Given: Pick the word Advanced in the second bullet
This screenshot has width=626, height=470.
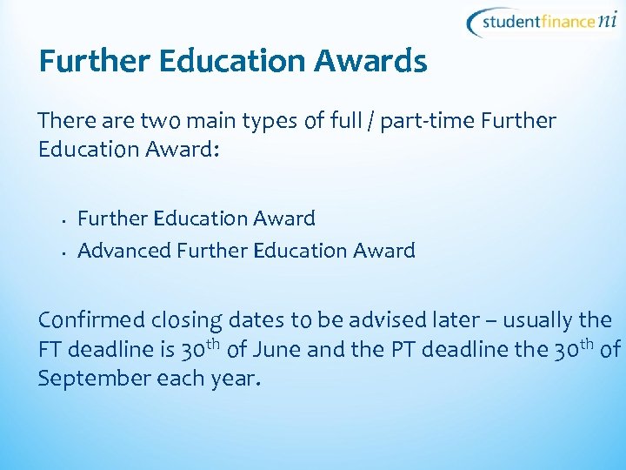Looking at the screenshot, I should point(124,251).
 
